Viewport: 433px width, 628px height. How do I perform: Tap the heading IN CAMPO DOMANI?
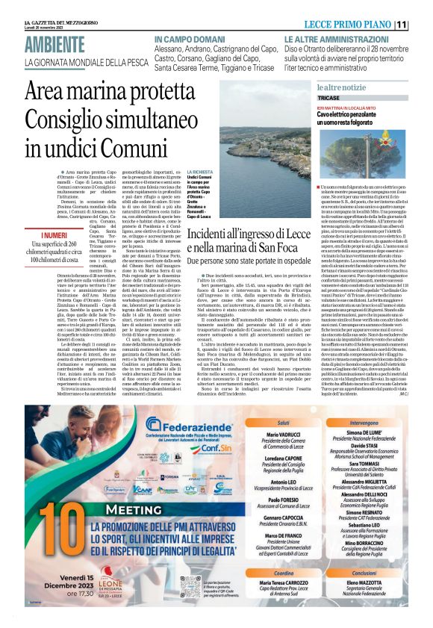point(186,37)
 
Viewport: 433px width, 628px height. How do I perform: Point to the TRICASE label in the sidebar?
point(328,98)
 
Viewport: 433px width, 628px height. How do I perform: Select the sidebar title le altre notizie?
point(341,87)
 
